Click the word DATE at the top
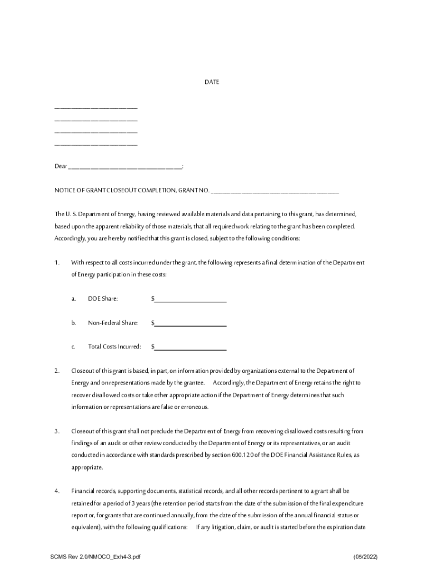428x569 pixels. click(x=211, y=82)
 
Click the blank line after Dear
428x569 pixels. click(x=125, y=167)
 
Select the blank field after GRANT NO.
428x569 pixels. click(x=275, y=191)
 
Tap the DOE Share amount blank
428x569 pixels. click(x=190, y=299)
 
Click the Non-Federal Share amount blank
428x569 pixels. click(x=190, y=323)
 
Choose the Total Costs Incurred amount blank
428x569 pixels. click(x=190, y=347)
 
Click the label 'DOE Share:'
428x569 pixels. click(x=103, y=299)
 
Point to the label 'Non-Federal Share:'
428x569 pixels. click(x=113, y=323)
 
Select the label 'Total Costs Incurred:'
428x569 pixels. click(x=114, y=347)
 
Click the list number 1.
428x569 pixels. click(x=57, y=262)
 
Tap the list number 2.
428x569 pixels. click(x=57, y=371)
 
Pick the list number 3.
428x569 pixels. click(x=57, y=431)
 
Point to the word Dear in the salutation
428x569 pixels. click(x=61, y=167)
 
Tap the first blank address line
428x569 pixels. click(x=96, y=107)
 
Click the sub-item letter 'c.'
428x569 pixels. click(x=73, y=347)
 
